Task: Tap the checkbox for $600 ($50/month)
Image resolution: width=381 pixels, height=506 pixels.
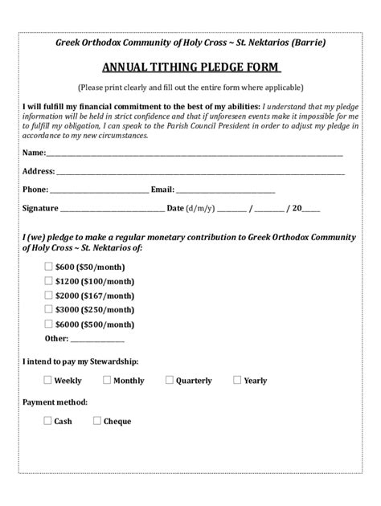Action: tap(47, 267)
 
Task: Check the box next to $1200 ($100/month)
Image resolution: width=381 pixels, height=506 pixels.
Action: tap(47, 282)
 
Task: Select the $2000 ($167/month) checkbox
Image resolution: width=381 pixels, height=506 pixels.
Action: tap(47, 296)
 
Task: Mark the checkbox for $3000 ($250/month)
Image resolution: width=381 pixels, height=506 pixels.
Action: tap(47, 309)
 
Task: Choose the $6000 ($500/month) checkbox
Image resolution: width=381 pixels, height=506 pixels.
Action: tap(47, 324)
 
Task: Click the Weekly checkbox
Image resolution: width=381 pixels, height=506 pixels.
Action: tap(47, 380)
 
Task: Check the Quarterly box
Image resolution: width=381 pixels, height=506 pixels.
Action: tap(170, 380)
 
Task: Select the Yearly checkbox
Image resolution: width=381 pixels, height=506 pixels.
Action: tap(237, 380)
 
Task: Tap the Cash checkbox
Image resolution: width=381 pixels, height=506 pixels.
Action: tap(47, 420)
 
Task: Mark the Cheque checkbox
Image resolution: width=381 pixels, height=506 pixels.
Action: tap(96, 420)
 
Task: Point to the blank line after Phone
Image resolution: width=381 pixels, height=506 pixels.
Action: tap(99, 191)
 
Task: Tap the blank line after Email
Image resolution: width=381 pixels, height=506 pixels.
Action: tap(225, 191)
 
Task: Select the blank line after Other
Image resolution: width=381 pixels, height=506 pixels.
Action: tap(86, 340)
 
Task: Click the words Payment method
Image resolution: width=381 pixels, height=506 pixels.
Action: tap(55, 401)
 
